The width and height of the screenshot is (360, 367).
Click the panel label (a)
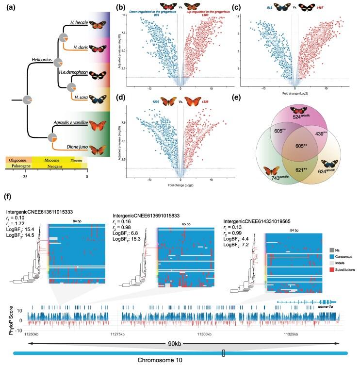point(11,7)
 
